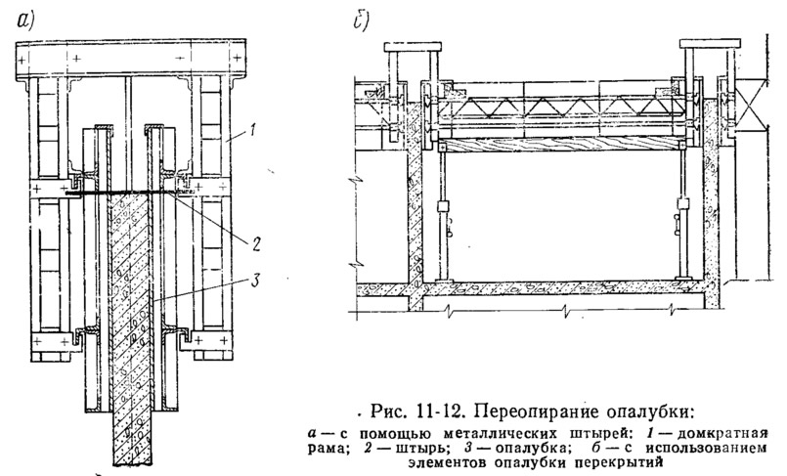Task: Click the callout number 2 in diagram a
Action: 256,244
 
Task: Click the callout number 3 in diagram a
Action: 254,281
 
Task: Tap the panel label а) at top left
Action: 25,21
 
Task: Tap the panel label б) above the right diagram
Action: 361,21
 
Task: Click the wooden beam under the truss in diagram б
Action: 561,145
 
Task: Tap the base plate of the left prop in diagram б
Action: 442,280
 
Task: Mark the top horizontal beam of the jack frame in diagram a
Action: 130,59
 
